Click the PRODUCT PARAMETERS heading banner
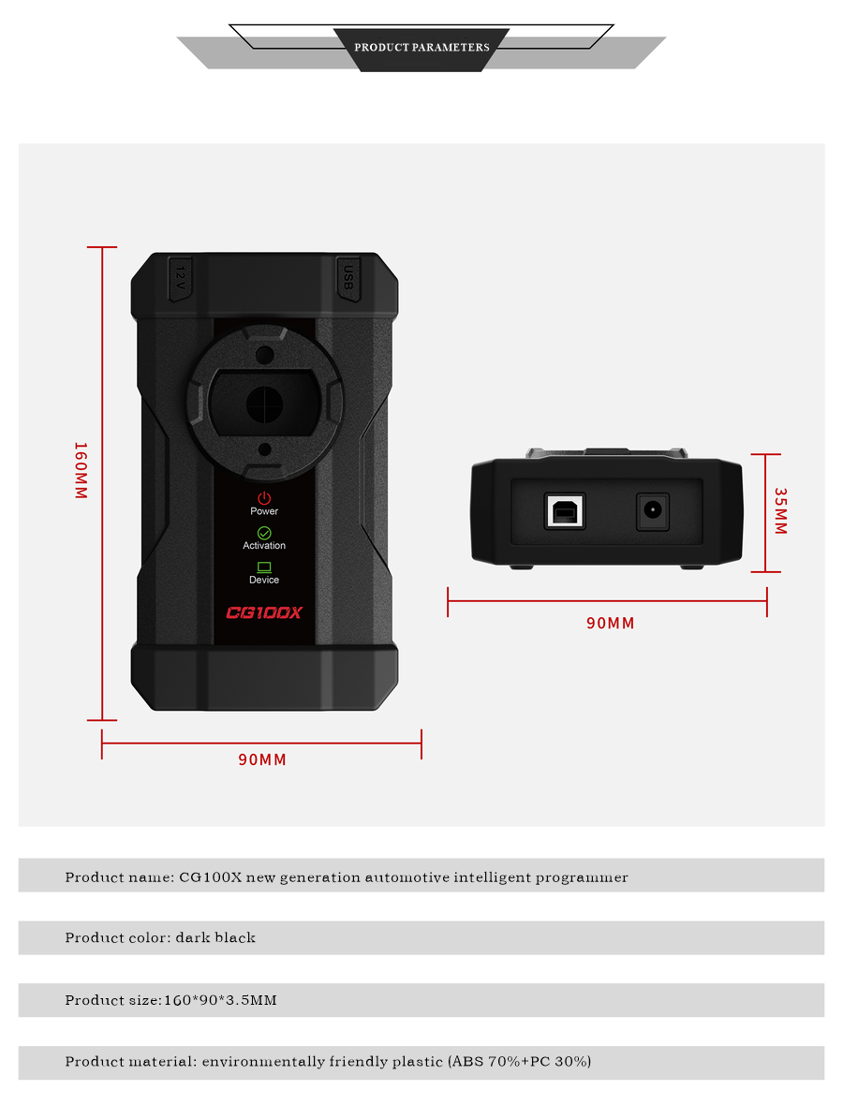point(421,47)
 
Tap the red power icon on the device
point(264,498)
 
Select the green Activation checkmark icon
point(264,533)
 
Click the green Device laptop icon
point(264,567)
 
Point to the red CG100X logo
point(264,613)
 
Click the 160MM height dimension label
point(81,470)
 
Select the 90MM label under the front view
point(262,759)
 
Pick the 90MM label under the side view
point(610,624)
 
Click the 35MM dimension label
point(780,511)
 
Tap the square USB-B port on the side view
point(565,510)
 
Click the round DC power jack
point(653,511)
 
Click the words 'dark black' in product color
point(215,937)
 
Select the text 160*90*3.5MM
point(220,1000)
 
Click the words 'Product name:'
point(118,877)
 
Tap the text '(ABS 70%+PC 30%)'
point(519,1062)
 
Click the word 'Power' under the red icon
point(264,511)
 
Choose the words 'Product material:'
point(129,1062)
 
